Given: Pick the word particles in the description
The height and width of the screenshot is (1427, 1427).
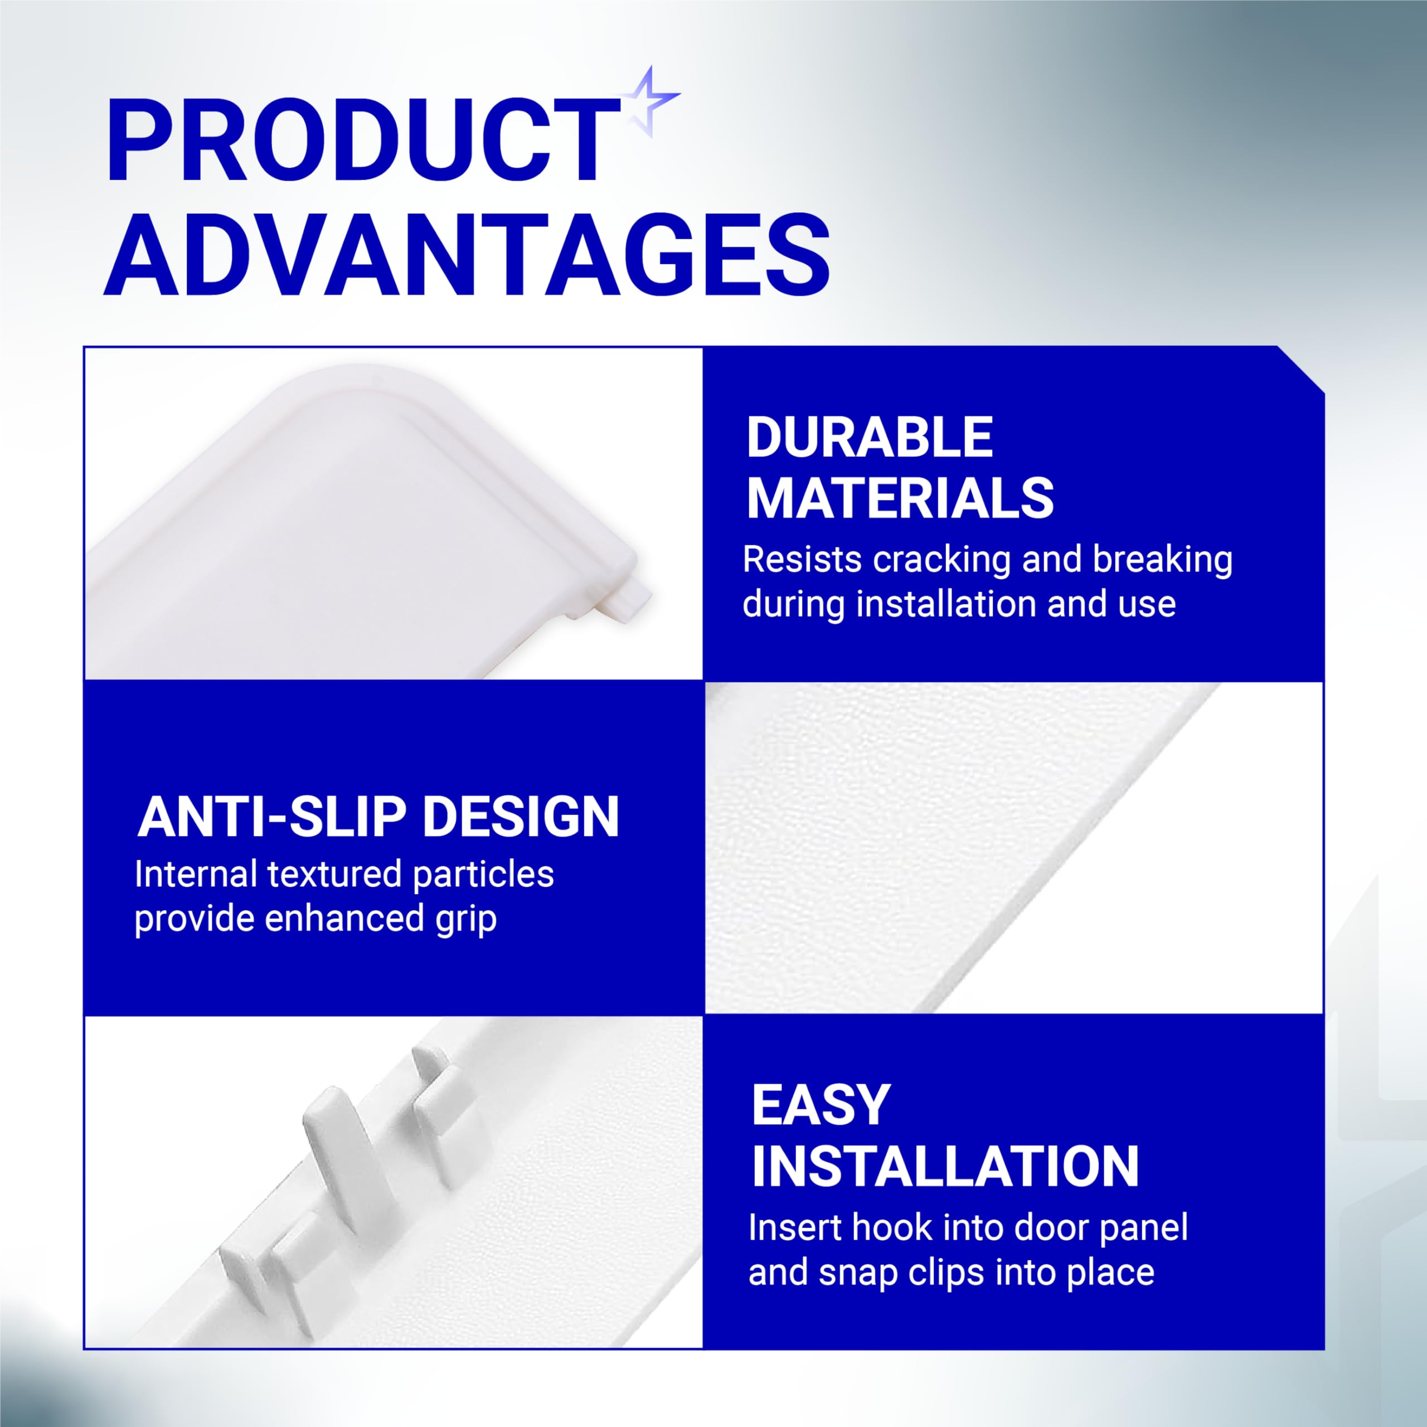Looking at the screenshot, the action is tap(483, 875).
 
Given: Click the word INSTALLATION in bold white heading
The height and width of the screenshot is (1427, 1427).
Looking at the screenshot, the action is tap(945, 1167).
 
